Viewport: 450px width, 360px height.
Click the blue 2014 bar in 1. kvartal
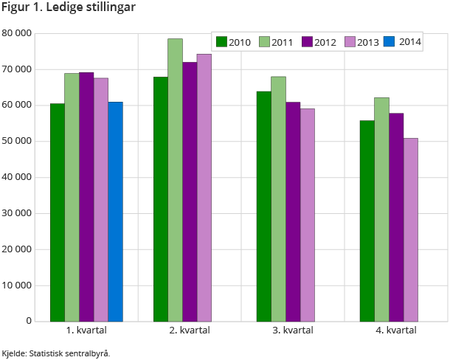(x=115, y=212)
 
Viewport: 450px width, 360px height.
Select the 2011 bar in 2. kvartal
(x=175, y=180)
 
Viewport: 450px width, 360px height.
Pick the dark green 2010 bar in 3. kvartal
(x=263, y=207)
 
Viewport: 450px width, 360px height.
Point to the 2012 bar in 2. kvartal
(x=190, y=192)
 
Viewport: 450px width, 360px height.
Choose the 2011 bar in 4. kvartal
(x=381, y=210)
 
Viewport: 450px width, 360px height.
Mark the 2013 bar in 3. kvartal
(x=307, y=215)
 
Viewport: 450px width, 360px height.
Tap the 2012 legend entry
(x=317, y=42)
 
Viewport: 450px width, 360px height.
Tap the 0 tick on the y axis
(x=28, y=322)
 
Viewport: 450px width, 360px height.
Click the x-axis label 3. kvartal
(x=293, y=330)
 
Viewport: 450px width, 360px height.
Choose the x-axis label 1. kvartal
(x=86, y=330)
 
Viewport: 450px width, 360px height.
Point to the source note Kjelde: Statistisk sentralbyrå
(x=56, y=353)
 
